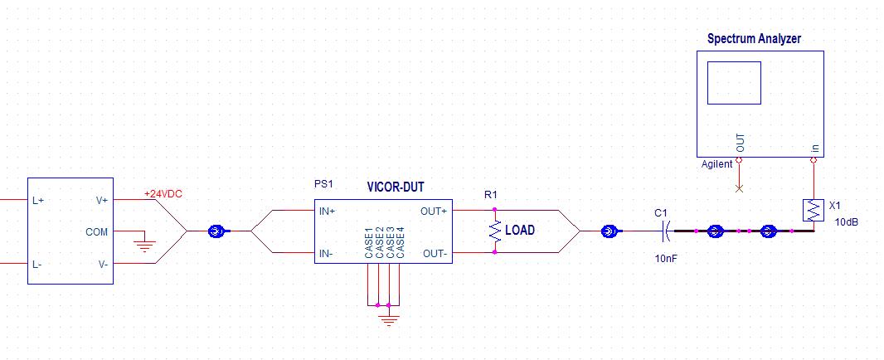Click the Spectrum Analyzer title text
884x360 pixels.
754,39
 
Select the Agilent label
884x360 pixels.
717,164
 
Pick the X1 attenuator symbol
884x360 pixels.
814,210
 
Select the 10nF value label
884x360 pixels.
666,259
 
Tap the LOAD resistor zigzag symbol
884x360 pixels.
495,231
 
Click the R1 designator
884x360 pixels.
490,195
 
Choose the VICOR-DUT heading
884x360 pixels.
395,187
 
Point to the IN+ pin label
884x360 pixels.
328,211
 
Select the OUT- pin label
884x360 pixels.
434,252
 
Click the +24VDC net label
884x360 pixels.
163,193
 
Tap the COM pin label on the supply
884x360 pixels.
97,232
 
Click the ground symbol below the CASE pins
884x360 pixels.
388,319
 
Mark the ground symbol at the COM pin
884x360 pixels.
145,245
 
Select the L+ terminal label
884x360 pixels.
38,201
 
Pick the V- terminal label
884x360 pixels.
102,264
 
